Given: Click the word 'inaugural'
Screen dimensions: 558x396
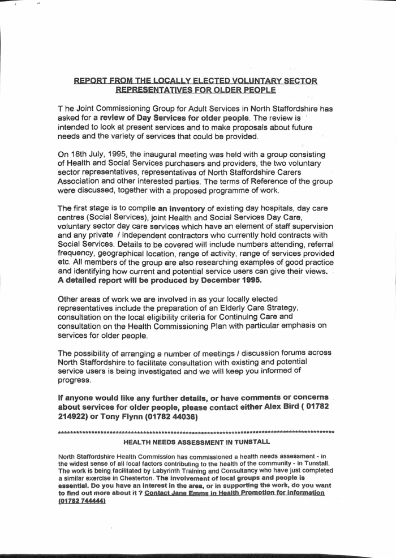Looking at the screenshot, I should [x=166, y=155].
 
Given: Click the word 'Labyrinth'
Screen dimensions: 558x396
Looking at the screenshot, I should [x=145, y=471].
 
